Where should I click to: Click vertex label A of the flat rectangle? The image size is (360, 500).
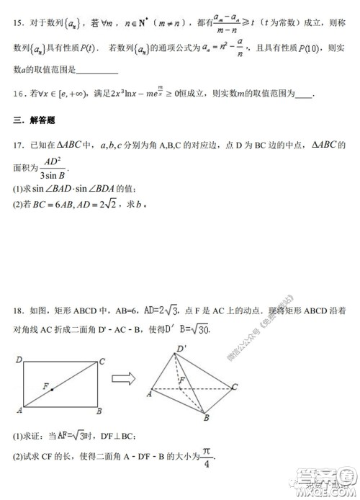18,411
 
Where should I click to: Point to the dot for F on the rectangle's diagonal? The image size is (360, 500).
53,390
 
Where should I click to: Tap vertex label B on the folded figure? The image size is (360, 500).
204,417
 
